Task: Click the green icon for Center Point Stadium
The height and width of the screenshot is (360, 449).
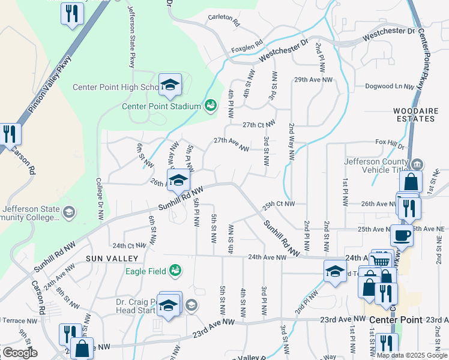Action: [210, 106]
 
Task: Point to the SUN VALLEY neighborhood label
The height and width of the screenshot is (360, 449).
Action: [112, 258]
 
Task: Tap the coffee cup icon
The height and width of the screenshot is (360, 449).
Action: [402, 235]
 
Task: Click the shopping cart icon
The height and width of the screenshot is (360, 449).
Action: [380, 259]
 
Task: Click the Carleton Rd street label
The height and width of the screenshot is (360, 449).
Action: [224, 21]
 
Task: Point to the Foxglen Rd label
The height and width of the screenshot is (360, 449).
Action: [247, 44]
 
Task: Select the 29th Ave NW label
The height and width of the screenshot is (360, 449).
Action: [313, 79]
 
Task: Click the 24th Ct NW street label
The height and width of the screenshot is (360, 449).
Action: [130, 246]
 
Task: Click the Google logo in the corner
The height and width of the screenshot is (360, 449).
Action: [20, 353]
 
